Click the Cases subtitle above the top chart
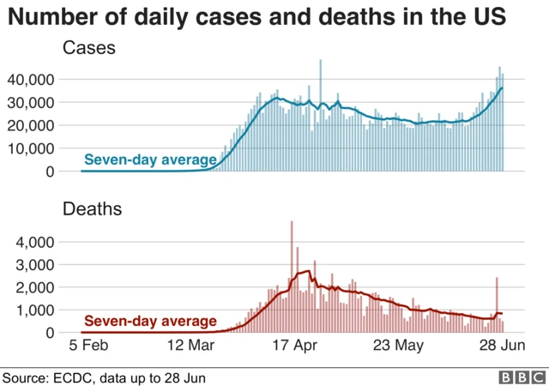click(89, 50)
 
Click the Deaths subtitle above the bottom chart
click(93, 208)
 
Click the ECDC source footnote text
click(104, 377)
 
